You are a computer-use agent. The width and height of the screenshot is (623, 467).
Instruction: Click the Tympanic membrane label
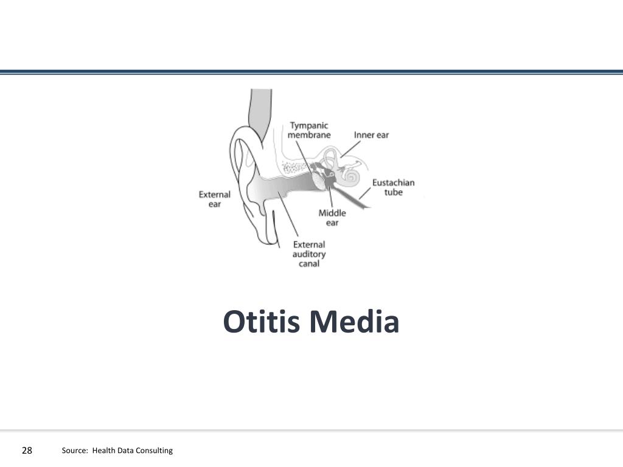point(309,130)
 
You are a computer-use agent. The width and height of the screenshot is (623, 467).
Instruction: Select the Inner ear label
point(371,135)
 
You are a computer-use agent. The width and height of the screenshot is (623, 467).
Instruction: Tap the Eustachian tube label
point(393,187)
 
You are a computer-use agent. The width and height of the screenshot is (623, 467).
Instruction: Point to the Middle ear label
point(332,218)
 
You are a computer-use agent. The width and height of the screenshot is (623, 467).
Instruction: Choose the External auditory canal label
point(309,254)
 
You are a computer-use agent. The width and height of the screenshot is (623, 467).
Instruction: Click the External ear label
point(215,199)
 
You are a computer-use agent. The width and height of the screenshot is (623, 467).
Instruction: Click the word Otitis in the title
point(262,322)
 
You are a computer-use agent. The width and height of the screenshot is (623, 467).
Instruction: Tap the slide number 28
point(27,451)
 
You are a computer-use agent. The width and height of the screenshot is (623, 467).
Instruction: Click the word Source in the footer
point(74,451)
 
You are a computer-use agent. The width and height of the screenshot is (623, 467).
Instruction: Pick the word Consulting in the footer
point(155,451)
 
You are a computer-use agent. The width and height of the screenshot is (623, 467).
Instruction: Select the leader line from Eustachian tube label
point(364,194)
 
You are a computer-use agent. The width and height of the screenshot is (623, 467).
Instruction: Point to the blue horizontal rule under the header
point(311,72)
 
